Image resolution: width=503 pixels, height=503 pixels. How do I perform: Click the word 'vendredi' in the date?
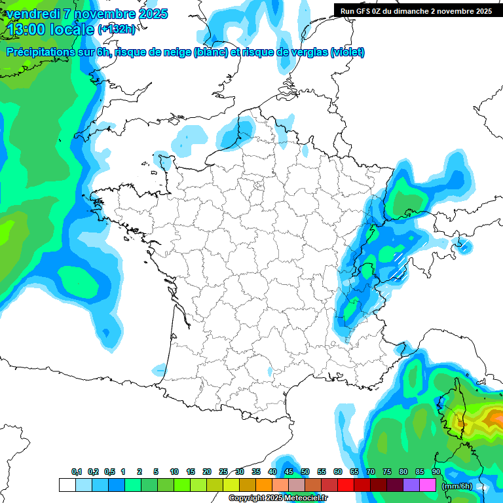pyautogui.click(x=29, y=14)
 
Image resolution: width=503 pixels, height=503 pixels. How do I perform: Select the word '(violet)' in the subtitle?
pyautogui.click(x=347, y=52)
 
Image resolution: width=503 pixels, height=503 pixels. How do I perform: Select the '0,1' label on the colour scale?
pyautogui.click(x=76, y=472)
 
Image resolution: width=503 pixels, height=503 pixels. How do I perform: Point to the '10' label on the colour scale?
pyautogui.click(x=174, y=472)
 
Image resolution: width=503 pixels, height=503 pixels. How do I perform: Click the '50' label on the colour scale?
pyautogui.click(x=305, y=472)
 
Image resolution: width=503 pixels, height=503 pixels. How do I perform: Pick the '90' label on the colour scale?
pyautogui.click(x=436, y=472)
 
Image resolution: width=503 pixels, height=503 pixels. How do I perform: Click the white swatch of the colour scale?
pyautogui.click(x=67, y=485)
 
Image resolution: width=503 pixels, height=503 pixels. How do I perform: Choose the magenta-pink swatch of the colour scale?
pyautogui.click(x=428, y=485)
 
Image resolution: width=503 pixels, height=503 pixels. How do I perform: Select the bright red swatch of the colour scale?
pyautogui.click(x=346, y=485)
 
